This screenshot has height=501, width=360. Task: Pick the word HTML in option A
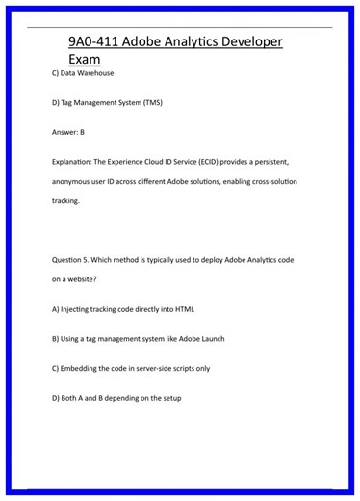pyautogui.click(x=185, y=309)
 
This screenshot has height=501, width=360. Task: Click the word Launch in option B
pyautogui.click(x=212, y=339)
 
